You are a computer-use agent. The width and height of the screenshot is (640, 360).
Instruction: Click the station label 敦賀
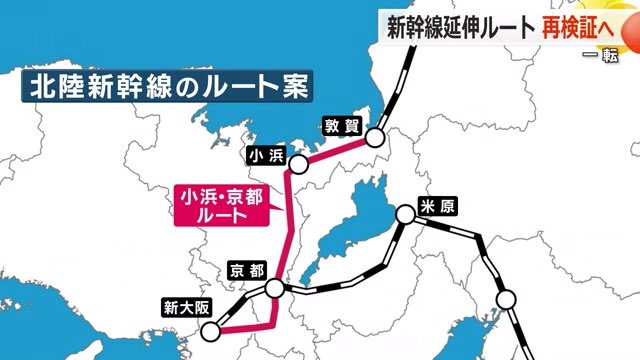338,125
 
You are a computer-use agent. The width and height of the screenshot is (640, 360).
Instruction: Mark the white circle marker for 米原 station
404,213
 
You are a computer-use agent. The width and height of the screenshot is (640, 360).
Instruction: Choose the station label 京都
245,271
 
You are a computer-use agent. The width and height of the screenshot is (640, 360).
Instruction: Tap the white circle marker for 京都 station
275,289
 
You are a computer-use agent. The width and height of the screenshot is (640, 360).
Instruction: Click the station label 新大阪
185,307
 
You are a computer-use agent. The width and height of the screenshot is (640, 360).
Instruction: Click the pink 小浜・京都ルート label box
218,204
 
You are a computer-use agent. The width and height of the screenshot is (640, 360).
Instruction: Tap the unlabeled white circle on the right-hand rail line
507,298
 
